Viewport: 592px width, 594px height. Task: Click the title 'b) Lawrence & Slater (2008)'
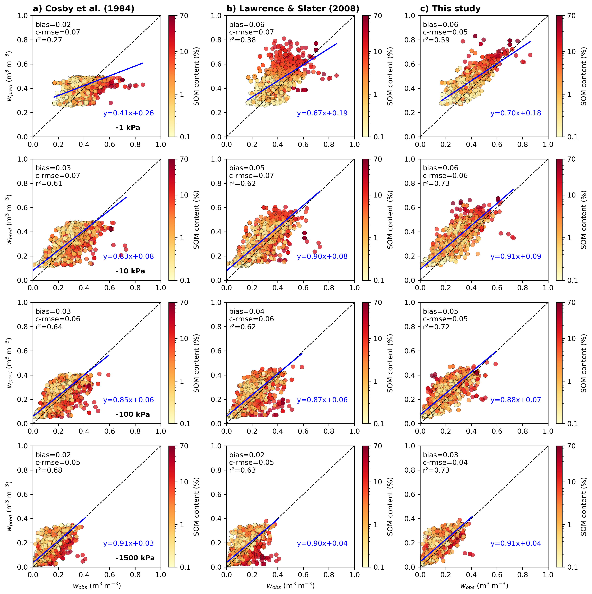coord(293,9)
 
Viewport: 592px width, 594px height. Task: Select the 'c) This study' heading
coord(450,9)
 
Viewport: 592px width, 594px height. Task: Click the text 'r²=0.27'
coord(49,40)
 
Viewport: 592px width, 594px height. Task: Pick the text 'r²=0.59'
coord(436,40)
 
